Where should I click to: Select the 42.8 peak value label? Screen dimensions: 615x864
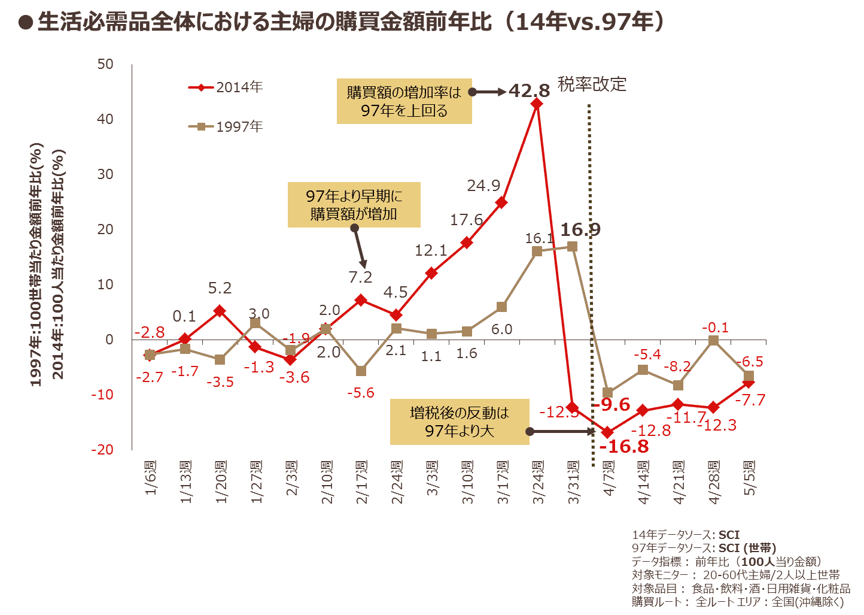(x=529, y=91)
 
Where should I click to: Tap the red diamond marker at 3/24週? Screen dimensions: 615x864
(x=537, y=104)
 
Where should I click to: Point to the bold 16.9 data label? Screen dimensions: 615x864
(x=580, y=230)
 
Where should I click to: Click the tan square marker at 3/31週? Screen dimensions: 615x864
(x=572, y=247)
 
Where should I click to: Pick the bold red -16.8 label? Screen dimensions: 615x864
(x=624, y=447)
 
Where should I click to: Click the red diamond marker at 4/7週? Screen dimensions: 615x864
(x=608, y=432)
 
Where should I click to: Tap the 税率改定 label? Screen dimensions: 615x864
(x=592, y=84)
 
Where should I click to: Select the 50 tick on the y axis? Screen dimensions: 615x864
(x=105, y=65)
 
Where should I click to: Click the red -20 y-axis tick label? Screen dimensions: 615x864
(x=102, y=450)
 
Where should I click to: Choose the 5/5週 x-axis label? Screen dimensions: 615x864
(x=750, y=478)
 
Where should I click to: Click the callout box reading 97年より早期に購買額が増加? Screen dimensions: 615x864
(x=354, y=205)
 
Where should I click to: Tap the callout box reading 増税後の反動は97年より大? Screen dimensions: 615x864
(x=459, y=422)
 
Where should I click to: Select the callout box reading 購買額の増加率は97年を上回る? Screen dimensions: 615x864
(x=404, y=101)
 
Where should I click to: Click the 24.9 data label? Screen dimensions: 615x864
(x=483, y=186)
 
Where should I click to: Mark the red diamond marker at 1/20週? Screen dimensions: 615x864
(x=220, y=311)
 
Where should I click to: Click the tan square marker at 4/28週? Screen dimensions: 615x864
(x=713, y=341)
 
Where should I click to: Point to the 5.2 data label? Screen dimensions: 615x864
(x=220, y=289)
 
